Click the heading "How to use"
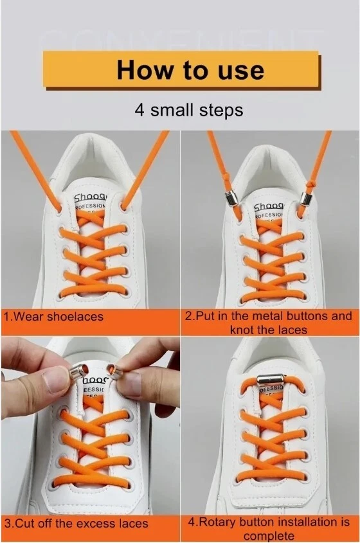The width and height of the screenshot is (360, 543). (190, 69)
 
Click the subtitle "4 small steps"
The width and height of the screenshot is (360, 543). (188, 109)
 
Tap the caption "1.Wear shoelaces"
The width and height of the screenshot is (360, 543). (53, 317)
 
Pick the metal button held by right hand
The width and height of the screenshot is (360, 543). (113, 370)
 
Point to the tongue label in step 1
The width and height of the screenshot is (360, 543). (91, 203)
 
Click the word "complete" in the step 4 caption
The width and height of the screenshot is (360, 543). (269, 535)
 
